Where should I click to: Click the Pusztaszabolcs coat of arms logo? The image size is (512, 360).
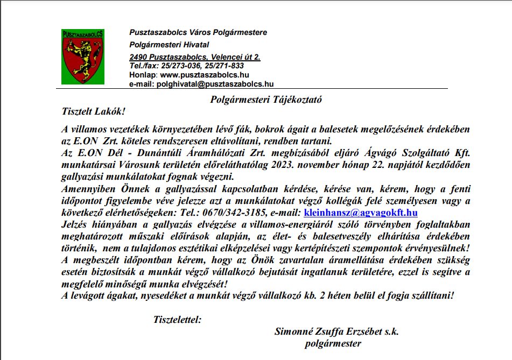pos(83,57)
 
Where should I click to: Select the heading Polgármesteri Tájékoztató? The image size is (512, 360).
pos(266,100)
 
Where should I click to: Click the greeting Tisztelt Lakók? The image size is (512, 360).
pos(93,112)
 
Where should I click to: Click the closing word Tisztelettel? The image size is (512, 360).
pos(177,320)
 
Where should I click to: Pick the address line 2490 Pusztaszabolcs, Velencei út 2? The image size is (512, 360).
pos(195,57)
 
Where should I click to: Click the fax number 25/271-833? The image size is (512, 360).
pos(222,66)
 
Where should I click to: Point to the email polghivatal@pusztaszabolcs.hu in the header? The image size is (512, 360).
pos(214,84)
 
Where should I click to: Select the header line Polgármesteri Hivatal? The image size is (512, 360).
pos(169,45)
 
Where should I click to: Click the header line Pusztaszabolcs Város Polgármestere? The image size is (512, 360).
pos(198,33)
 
